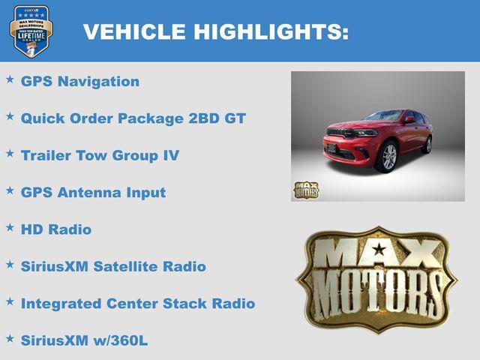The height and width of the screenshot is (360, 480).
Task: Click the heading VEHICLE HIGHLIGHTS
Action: (216, 31)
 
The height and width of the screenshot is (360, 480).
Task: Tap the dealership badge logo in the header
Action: (31, 31)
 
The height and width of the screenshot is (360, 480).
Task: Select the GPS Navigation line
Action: (80, 81)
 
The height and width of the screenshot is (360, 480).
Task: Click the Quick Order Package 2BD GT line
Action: (133, 118)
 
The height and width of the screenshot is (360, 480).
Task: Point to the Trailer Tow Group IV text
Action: (100, 155)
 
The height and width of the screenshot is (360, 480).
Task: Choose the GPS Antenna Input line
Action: (93, 192)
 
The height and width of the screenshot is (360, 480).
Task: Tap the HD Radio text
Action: (56, 229)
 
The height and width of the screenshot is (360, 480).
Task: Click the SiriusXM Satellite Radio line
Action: (113, 266)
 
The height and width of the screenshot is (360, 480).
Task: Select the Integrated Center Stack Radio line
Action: (138, 304)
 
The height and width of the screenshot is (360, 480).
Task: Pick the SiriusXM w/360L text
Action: (84, 340)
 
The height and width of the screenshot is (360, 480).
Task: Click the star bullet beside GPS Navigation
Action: (10, 79)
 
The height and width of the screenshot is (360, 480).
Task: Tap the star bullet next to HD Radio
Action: (10, 226)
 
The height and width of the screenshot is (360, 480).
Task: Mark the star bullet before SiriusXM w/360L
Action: (10, 338)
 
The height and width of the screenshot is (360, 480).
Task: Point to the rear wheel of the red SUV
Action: (427, 143)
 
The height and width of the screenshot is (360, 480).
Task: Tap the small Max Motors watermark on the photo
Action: (306, 190)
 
